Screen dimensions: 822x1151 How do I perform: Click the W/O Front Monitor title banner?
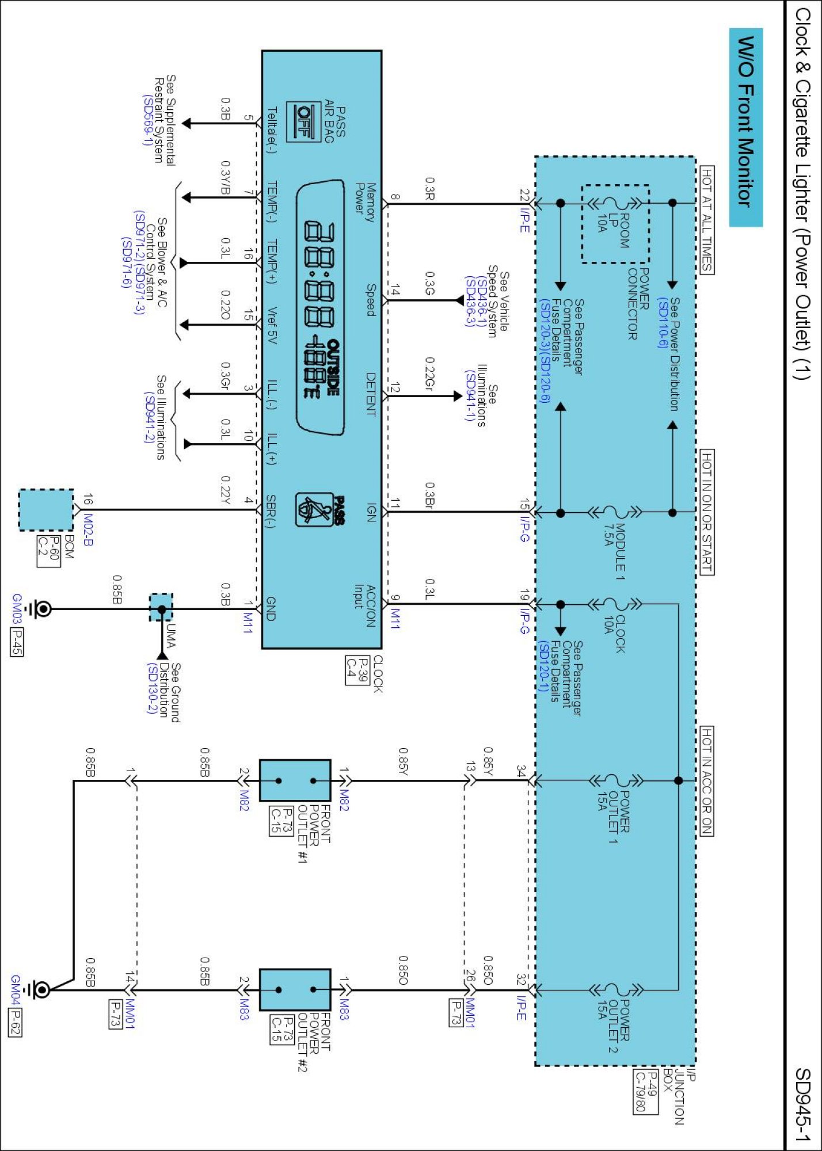coord(746,127)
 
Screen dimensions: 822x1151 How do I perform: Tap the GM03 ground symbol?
coord(41,609)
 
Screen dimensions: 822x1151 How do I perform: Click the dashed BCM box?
coord(46,510)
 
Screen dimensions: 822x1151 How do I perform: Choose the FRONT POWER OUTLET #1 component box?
coord(295,780)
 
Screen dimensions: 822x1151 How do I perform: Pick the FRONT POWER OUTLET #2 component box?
coord(295,990)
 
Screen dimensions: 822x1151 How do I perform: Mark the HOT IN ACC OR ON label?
coord(707,780)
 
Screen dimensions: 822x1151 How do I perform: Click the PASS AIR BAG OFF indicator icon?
coord(305,121)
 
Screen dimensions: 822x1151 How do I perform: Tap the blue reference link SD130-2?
coord(152,688)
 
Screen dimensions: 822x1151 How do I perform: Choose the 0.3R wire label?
coord(429,189)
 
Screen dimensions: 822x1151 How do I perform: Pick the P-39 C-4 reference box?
coord(357,670)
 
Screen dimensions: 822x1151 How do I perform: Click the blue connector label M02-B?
coord(88,529)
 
